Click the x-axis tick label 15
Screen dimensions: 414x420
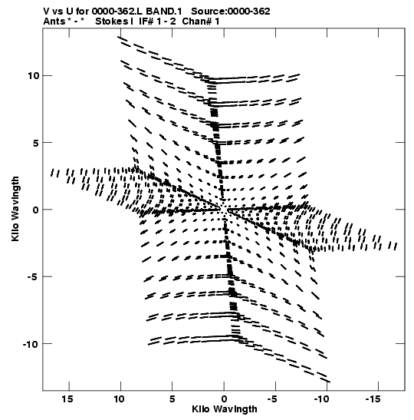[x=67, y=399]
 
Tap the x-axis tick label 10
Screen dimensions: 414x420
[x=119, y=399]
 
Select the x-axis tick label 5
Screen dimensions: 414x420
[x=172, y=399]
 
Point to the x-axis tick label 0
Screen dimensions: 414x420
[x=224, y=399]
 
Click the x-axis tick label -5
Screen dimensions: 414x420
[x=272, y=399]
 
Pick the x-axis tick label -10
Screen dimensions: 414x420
[x=321, y=399]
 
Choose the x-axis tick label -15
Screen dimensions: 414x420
[x=373, y=399]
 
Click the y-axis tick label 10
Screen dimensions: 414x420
[x=34, y=76]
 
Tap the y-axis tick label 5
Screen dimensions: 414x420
[x=36, y=143]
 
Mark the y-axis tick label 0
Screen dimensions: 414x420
[x=36, y=210]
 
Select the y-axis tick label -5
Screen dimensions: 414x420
[x=34, y=276]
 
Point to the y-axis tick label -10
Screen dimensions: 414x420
[x=31, y=344]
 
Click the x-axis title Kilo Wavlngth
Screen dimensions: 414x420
[x=225, y=409]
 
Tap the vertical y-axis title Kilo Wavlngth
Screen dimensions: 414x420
[x=15, y=209]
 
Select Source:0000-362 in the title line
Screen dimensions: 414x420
[x=231, y=12]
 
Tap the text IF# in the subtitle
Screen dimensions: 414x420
[x=146, y=21]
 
